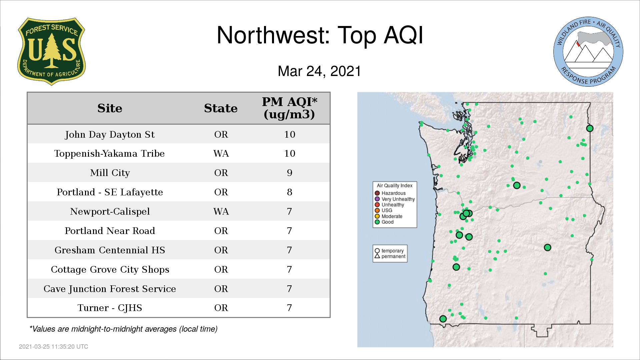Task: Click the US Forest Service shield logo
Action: click(x=51, y=52)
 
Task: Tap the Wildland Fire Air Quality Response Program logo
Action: click(x=588, y=52)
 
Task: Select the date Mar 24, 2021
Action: click(x=319, y=71)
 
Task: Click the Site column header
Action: click(x=110, y=108)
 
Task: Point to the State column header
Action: click(x=221, y=108)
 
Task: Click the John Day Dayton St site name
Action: click(x=110, y=134)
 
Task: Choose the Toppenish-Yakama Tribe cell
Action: click(x=110, y=153)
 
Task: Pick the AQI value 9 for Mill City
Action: click(x=289, y=173)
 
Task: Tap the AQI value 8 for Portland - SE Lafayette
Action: click(x=289, y=192)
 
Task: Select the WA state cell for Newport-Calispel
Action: click(x=221, y=211)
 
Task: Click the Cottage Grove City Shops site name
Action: click(x=110, y=269)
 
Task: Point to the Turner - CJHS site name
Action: click(x=110, y=308)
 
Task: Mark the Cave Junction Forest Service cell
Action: click(x=110, y=289)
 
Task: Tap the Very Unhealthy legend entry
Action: click(x=395, y=199)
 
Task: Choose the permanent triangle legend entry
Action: click(x=390, y=256)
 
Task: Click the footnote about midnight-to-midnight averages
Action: click(x=123, y=329)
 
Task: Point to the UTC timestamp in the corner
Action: click(x=54, y=347)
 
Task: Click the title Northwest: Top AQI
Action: click(x=320, y=35)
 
